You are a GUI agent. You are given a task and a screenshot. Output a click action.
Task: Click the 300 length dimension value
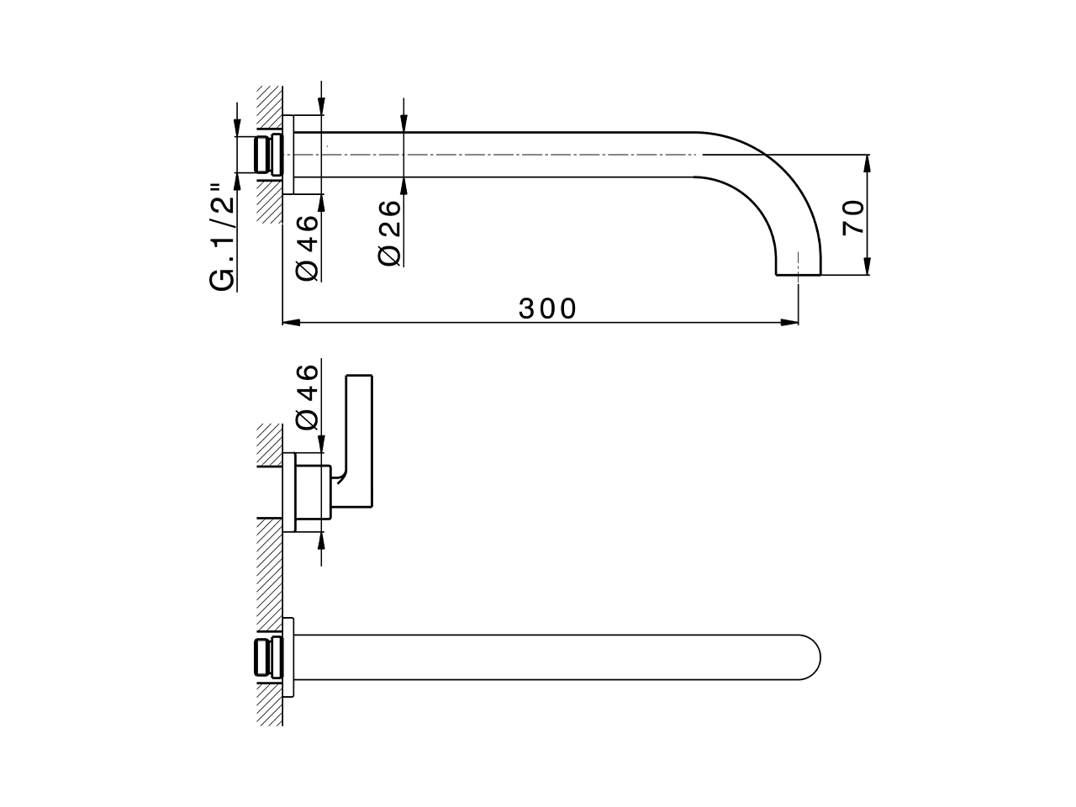[547, 309]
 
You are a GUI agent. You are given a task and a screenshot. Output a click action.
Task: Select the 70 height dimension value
[852, 217]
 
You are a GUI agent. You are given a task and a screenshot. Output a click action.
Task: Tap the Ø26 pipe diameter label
[390, 233]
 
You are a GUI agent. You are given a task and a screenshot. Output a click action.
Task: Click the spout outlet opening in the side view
[797, 273]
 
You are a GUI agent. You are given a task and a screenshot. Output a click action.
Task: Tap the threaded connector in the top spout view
[267, 155]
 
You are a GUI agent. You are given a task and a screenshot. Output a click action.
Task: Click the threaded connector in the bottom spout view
[264, 657]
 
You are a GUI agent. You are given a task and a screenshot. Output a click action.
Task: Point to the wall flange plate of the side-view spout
[288, 156]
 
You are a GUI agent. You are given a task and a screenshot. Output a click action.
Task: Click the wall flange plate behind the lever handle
[289, 492]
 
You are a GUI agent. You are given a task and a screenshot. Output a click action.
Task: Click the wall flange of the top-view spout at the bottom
[288, 657]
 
